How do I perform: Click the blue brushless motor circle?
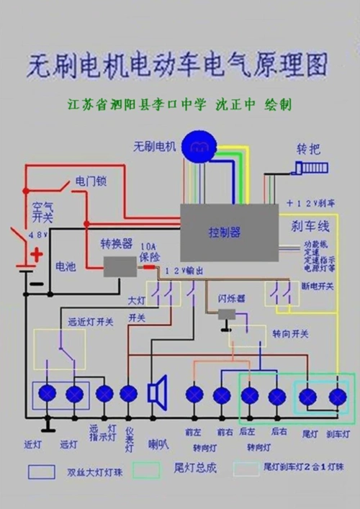click(198, 146)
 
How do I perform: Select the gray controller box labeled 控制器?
click(228, 232)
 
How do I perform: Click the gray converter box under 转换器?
click(119, 266)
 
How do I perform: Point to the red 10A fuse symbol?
click(149, 266)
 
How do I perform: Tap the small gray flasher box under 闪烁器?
click(228, 314)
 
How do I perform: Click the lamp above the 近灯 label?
click(48, 394)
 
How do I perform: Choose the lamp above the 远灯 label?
click(74, 394)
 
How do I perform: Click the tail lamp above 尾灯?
click(309, 396)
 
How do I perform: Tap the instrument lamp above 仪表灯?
click(128, 394)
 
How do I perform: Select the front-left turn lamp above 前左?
click(194, 395)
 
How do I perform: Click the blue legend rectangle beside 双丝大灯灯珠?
click(42, 472)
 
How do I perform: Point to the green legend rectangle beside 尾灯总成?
click(145, 469)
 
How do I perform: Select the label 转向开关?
click(291, 334)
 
